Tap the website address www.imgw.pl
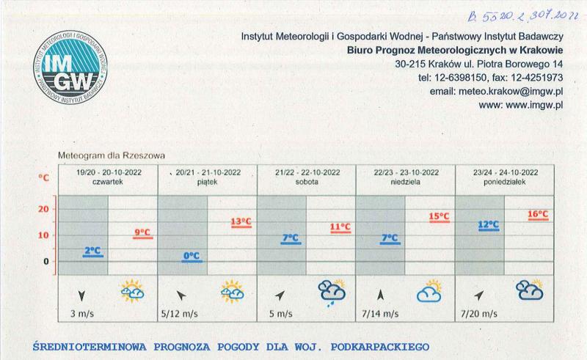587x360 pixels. click(520, 105)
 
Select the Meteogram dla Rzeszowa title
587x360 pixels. click(112, 156)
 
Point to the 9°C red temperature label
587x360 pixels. click(142, 233)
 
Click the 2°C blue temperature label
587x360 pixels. click(92, 251)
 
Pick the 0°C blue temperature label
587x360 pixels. click(192, 256)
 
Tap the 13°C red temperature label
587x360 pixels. click(241, 221)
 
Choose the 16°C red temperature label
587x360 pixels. click(539, 215)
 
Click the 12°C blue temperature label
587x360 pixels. click(489, 224)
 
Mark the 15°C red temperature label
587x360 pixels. click(439, 217)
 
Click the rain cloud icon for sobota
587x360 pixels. click(332, 293)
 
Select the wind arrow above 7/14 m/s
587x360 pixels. click(380, 295)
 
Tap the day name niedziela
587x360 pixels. click(406, 183)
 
